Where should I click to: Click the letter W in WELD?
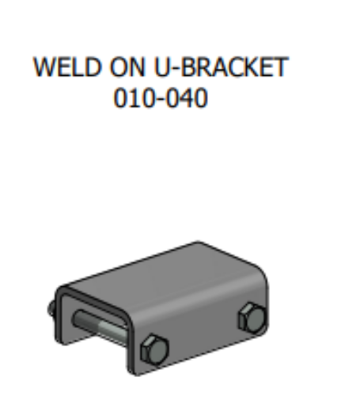[42, 69]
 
